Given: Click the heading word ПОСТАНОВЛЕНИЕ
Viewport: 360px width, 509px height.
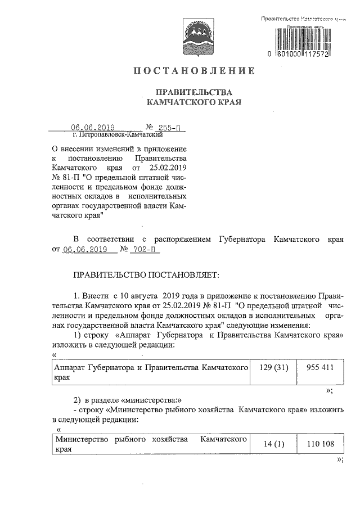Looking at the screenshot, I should (x=194, y=71).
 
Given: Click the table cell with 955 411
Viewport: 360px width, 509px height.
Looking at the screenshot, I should (x=321, y=367).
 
